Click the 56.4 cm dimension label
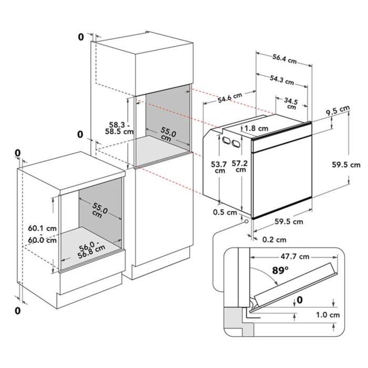[x=284, y=59]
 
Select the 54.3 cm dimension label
[x=282, y=79]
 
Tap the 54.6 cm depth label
[x=230, y=98]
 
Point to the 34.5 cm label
[x=291, y=104]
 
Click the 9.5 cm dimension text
[x=338, y=110]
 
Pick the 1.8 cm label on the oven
[x=256, y=128]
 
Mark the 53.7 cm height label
[x=219, y=167]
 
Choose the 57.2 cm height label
[x=240, y=166]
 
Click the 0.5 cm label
[x=225, y=212]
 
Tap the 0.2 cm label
[x=274, y=240]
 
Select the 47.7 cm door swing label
[x=295, y=257]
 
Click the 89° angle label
[x=280, y=270]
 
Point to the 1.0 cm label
[x=328, y=314]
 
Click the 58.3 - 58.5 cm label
[x=119, y=128]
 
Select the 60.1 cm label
[x=42, y=228]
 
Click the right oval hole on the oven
[x=236, y=144]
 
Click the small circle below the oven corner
[x=247, y=221]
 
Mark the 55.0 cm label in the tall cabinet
[x=168, y=134]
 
